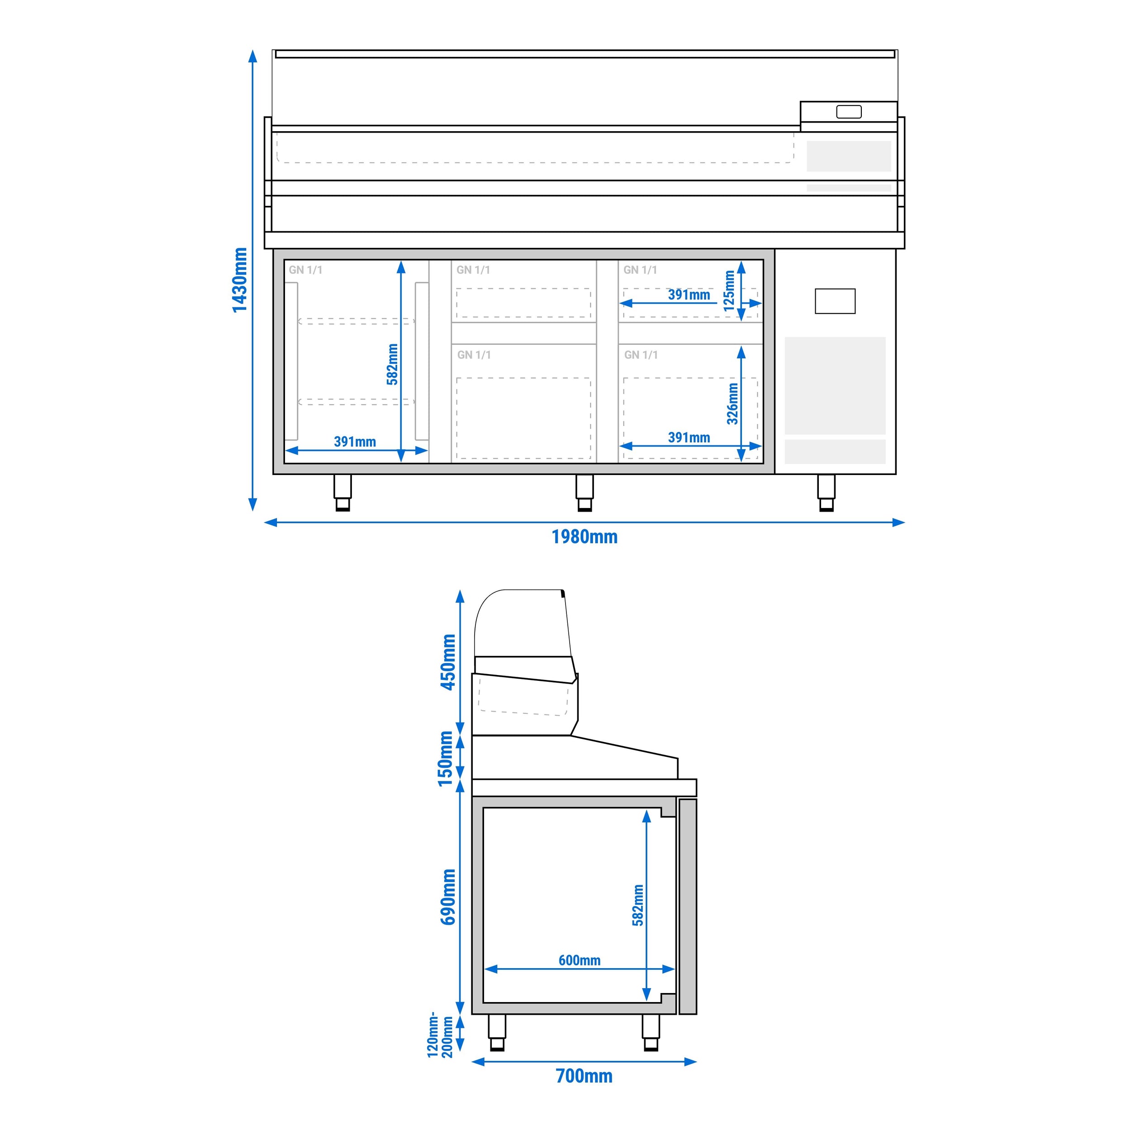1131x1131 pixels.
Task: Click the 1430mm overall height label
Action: point(239,280)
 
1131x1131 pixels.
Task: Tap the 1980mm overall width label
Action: point(584,537)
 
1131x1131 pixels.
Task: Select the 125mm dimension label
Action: point(729,291)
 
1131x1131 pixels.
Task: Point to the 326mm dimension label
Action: point(732,404)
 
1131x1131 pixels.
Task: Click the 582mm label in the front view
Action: point(392,364)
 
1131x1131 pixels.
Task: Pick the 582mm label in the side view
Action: point(637,905)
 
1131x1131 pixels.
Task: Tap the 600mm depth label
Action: point(579,960)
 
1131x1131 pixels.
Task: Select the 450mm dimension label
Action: point(448,662)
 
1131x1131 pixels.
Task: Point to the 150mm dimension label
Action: point(446,759)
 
